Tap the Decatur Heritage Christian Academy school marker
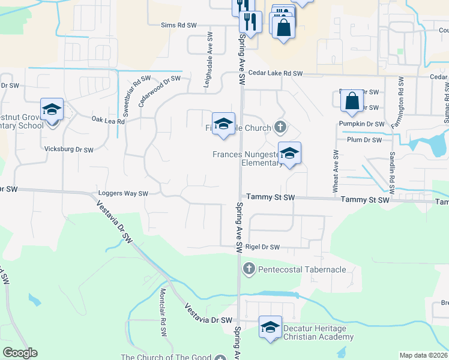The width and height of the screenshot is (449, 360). pos(271,328)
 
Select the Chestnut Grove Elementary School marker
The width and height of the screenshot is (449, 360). pos(52,110)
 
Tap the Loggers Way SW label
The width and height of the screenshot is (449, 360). pos(123,194)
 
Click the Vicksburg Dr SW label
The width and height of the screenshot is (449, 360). pos(69,149)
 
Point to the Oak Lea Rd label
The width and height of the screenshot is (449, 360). pos(108,121)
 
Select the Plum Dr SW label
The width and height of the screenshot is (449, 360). pos(364,140)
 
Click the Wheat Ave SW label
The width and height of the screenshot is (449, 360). pos(335,171)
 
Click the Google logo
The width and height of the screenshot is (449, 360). pos(20,352)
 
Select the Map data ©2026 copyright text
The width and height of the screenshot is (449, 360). pos(423,355)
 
